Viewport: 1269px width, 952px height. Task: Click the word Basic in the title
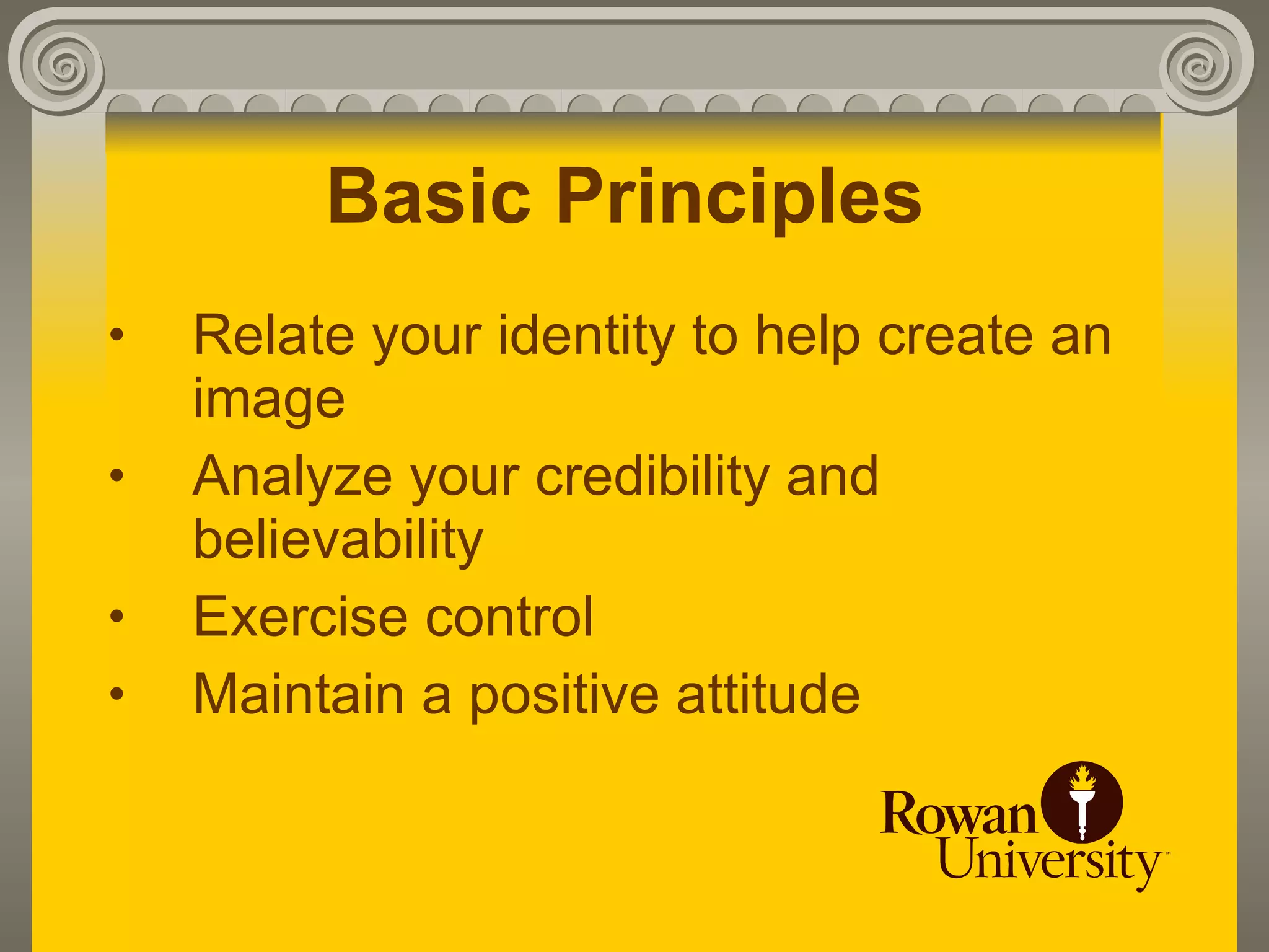click(429, 197)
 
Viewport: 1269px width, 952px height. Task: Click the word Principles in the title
click(739, 197)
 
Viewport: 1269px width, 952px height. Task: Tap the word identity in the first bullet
click(586, 337)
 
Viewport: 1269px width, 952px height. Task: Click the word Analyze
click(292, 477)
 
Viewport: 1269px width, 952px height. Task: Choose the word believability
click(338, 540)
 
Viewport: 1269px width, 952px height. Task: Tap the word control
click(509, 617)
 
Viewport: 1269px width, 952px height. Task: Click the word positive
click(563, 696)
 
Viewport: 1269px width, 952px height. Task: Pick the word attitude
click(768, 695)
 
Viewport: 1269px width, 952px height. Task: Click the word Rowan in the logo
click(958, 813)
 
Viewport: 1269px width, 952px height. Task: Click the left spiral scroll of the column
click(62, 65)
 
